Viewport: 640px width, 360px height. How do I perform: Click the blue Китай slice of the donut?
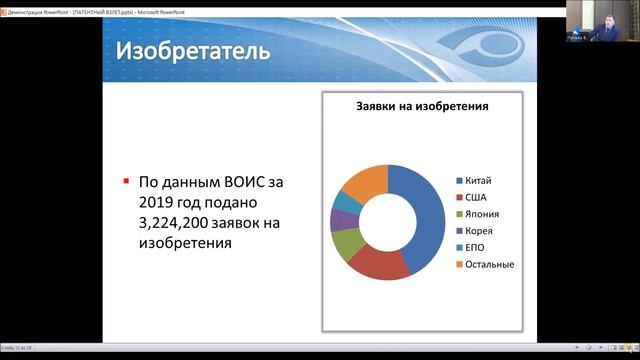click(x=421, y=215)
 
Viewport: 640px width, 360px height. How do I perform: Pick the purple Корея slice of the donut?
click(x=337, y=219)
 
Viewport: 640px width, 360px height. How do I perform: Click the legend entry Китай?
click(x=479, y=180)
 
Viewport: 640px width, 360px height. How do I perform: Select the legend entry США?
click(x=476, y=197)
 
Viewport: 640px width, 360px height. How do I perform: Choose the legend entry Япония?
click(x=483, y=214)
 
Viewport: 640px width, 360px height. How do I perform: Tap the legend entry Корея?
click(x=479, y=231)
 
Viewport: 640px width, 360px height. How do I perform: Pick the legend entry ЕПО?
click(x=476, y=248)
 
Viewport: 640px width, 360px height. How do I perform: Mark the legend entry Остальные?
click(x=489, y=265)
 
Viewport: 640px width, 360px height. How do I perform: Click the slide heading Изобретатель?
click(x=192, y=50)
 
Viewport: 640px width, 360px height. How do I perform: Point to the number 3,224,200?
click(x=180, y=222)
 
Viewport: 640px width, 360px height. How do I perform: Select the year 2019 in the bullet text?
click(x=158, y=203)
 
